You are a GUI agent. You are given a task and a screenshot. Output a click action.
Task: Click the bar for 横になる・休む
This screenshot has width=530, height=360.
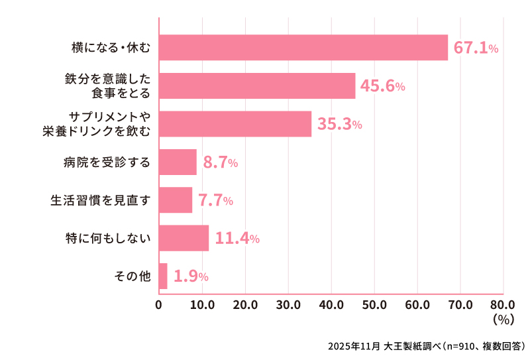pos(303,48)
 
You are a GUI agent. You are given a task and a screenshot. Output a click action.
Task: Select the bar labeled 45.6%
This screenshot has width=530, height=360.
pos(257,86)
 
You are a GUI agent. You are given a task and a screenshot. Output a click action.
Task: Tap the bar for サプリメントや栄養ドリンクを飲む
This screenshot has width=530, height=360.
pos(235,124)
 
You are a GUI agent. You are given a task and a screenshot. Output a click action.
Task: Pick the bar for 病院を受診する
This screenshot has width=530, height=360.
pos(178,162)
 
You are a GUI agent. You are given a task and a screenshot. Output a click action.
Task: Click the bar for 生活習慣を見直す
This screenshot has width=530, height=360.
pos(176,200)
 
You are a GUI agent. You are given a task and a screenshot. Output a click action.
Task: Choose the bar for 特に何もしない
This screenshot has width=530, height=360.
pos(184,238)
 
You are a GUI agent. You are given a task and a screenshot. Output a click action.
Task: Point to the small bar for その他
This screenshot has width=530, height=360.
pos(163,276)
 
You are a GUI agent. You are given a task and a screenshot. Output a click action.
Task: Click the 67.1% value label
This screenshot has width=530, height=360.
pos(476,48)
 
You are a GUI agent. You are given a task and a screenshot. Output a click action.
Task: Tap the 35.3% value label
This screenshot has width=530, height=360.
pos(339,125)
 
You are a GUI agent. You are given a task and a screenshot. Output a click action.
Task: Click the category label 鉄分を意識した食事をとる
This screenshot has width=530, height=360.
pos(108,86)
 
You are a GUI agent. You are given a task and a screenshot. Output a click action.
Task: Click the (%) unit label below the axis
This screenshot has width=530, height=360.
pos(503,319)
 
